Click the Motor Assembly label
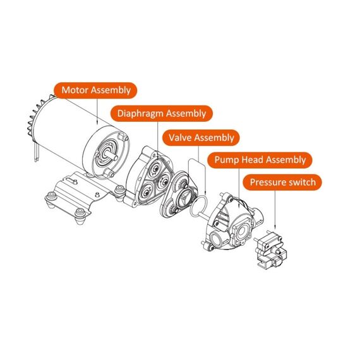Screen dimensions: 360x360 pos(96,90)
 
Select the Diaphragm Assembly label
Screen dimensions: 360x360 pos(161,114)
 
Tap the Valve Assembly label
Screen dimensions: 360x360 pos(199,137)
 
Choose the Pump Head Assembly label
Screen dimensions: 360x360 pos(260,160)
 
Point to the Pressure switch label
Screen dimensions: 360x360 pos(282,183)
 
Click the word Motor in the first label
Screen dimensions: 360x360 pos(75,90)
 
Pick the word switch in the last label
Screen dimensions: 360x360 pos(299,183)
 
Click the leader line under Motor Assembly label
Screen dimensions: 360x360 pos(96,111)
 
